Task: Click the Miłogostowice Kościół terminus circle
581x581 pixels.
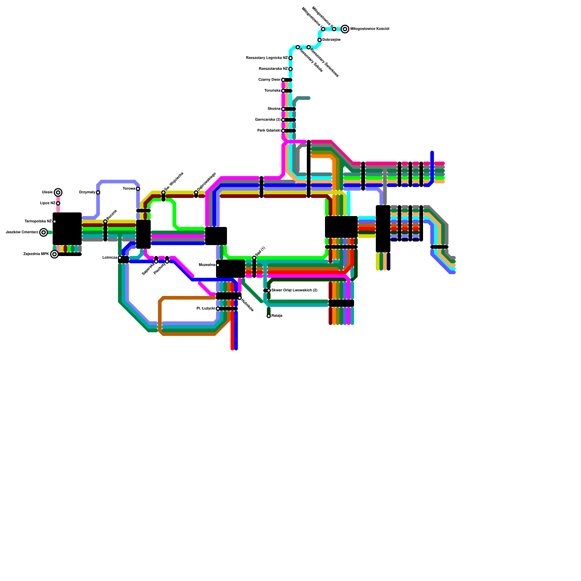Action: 345,29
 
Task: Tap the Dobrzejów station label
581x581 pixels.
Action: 331,40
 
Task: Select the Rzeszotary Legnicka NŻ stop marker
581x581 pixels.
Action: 290,58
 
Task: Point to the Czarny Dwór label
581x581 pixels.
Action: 269,80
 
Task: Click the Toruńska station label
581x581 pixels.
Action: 272,91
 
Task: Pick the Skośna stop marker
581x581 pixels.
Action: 283,109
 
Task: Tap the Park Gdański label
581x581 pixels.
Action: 269,131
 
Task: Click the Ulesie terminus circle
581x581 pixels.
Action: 58,192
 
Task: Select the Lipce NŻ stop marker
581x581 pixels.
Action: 58,203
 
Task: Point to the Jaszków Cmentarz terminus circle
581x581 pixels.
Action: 44,232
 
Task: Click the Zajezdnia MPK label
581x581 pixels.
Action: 36,254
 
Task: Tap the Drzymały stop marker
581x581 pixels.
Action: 98,192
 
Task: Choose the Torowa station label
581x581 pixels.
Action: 129,189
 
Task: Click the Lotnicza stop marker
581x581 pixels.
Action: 120,258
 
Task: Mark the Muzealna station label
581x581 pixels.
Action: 207,265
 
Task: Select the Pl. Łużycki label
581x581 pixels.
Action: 206,309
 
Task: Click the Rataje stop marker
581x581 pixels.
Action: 269,316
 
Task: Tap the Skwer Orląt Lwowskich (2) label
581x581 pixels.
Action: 294,290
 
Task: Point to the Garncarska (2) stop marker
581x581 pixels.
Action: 283,120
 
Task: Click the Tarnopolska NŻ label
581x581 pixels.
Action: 38,222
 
